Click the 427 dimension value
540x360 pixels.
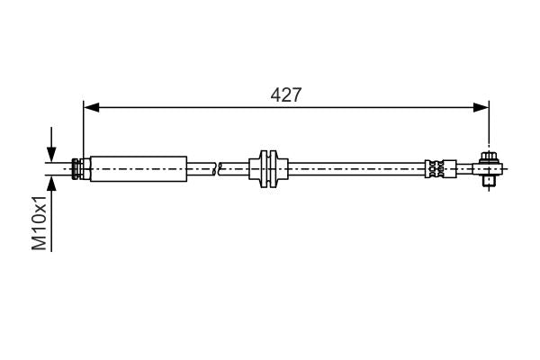[x=285, y=94]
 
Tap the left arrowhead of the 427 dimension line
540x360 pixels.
[x=88, y=108]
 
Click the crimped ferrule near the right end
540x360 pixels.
[x=436, y=168]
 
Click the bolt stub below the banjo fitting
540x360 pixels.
[x=489, y=182]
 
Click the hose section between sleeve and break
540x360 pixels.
[x=201, y=168]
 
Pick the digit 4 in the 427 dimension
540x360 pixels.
[x=274, y=94]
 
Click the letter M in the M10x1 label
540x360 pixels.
[x=40, y=244]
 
